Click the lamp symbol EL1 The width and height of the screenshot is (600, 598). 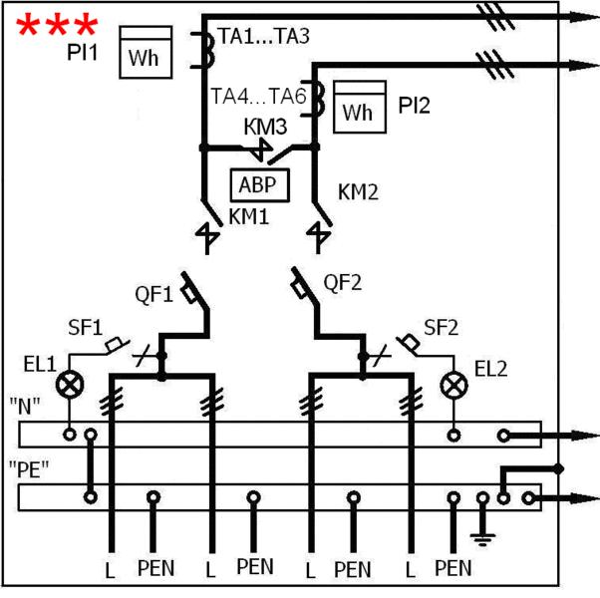click(x=70, y=384)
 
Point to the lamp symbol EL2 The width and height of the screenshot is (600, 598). click(x=455, y=384)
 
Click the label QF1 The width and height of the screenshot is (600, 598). click(x=155, y=294)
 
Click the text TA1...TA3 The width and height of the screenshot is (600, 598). click(x=265, y=38)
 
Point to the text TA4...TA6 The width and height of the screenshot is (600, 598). click(x=258, y=97)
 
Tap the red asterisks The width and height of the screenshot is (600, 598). click(x=58, y=25)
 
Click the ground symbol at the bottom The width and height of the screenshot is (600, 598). click(x=485, y=538)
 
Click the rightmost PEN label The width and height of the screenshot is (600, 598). click(x=453, y=569)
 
